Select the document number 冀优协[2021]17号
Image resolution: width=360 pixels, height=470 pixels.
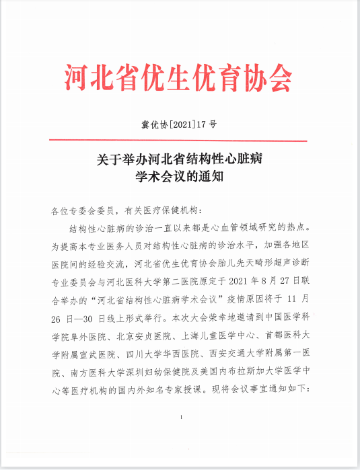click(x=179, y=125)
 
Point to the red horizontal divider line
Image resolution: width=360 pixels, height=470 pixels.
click(x=179, y=141)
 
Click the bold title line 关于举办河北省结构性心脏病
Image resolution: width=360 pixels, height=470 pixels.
click(x=179, y=160)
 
